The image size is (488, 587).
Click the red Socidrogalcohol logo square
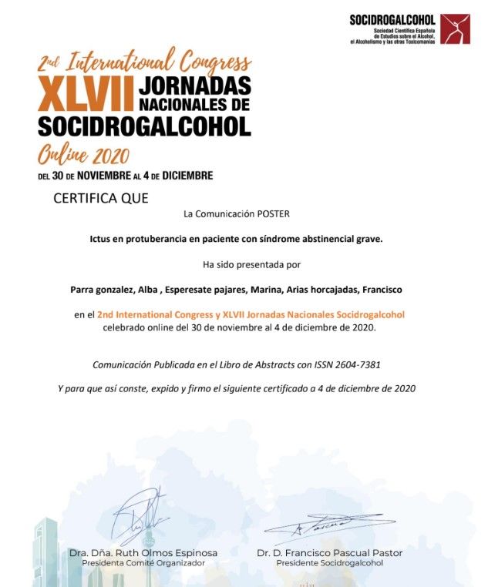(454, 29)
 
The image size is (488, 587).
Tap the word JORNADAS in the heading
(195, 82)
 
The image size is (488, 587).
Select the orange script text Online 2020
(83, 153)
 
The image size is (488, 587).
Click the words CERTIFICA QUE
(100, 198)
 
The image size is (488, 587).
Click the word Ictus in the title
(102, 238)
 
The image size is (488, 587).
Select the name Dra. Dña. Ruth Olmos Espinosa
(143, 553)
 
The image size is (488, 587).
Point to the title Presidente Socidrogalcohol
(329, 563)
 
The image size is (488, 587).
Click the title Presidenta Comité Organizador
(143, 563)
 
